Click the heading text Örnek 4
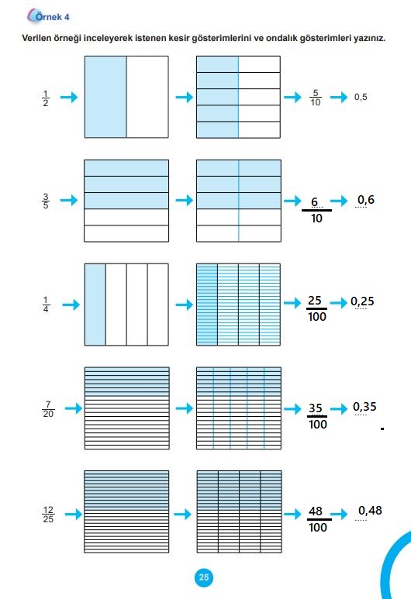pyautogui.click(x=53, y=17)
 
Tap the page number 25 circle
pyautogui.click(x=204, y=577)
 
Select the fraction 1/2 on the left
pyautogui.click(x=46, y=98)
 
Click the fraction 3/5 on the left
pyautogui.click(x=46, y=201)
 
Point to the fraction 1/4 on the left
pyautogui.click(x=46, y=305)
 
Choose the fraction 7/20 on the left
pyautogui.click(x=48, y=409)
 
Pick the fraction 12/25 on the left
pyautogui.click(x=48, y=515)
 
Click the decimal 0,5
pyautogui.click(x=361, y=97)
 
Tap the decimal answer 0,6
pyautogui.click(x=366, y=200)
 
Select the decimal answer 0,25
pyautogui.click(x=362, y=301)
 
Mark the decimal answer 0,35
pyautogui.click(x=364, y=407)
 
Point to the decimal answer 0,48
pyautogui.click(x=370, y=511)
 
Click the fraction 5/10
pyautogui.click(x=316, y=98)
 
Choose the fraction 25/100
pyautogui.click(x=317, y=308)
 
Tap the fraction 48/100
pyautogui.click(x=318, y=519)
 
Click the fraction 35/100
pyautogui.click(x=318, y=416)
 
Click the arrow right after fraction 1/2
pyautogui.click(x=69, y=97)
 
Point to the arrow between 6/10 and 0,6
pyautogui.click(x=339, y=201)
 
